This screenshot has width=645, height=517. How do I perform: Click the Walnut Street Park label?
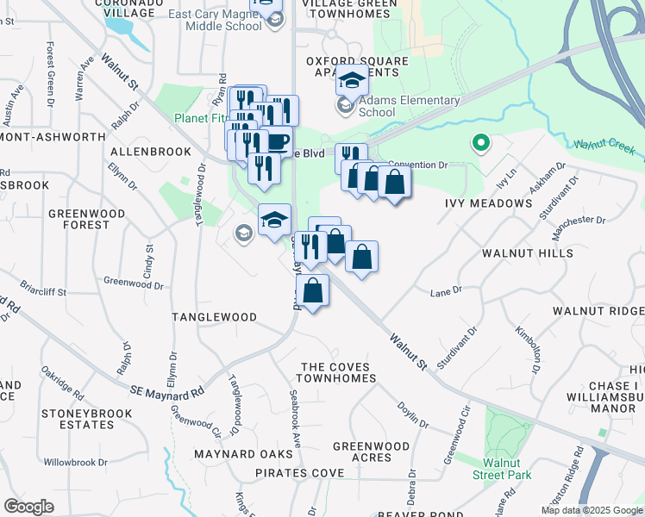507,468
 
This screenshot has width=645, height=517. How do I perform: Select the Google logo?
28,507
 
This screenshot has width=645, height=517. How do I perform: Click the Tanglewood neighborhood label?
214,317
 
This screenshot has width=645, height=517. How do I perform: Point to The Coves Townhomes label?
338,372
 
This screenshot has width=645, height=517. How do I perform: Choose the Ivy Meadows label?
488,203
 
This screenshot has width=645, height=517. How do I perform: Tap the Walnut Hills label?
527,253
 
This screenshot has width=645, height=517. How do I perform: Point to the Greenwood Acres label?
371,452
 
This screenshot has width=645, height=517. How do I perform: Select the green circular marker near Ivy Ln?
480,142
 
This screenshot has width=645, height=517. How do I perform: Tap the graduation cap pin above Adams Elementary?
352,80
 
